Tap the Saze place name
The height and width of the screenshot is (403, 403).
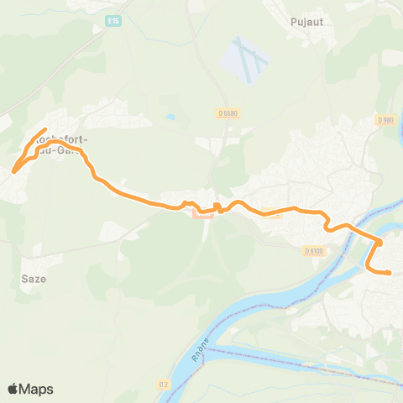[34, 278]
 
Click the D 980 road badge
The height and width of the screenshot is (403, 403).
[385, 120]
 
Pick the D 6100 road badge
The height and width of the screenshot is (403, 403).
[314, 250]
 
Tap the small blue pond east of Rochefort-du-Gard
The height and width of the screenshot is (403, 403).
[170, 118]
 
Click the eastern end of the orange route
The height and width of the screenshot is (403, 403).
[390, 273]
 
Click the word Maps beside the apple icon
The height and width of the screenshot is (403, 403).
[37, 389]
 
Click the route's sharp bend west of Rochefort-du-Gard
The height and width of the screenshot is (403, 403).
[14, 171]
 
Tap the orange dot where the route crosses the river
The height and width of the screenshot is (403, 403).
[379, 243]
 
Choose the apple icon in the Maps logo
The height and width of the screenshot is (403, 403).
[13, 388]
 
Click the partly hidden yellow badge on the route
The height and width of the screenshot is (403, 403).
[270, 212]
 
